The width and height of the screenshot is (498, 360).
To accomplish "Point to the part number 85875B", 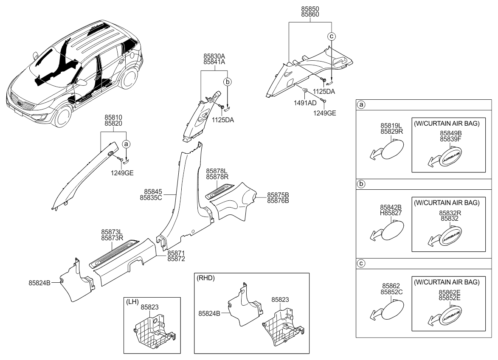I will (x=278, y=195).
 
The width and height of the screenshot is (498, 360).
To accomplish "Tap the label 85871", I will (x=176, y=253).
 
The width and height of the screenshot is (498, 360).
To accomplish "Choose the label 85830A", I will (x=214, y=56).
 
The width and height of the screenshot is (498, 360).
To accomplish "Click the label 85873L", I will (x=112, y=232).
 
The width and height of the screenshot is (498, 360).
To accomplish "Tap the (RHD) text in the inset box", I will (x=206, y=278).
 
